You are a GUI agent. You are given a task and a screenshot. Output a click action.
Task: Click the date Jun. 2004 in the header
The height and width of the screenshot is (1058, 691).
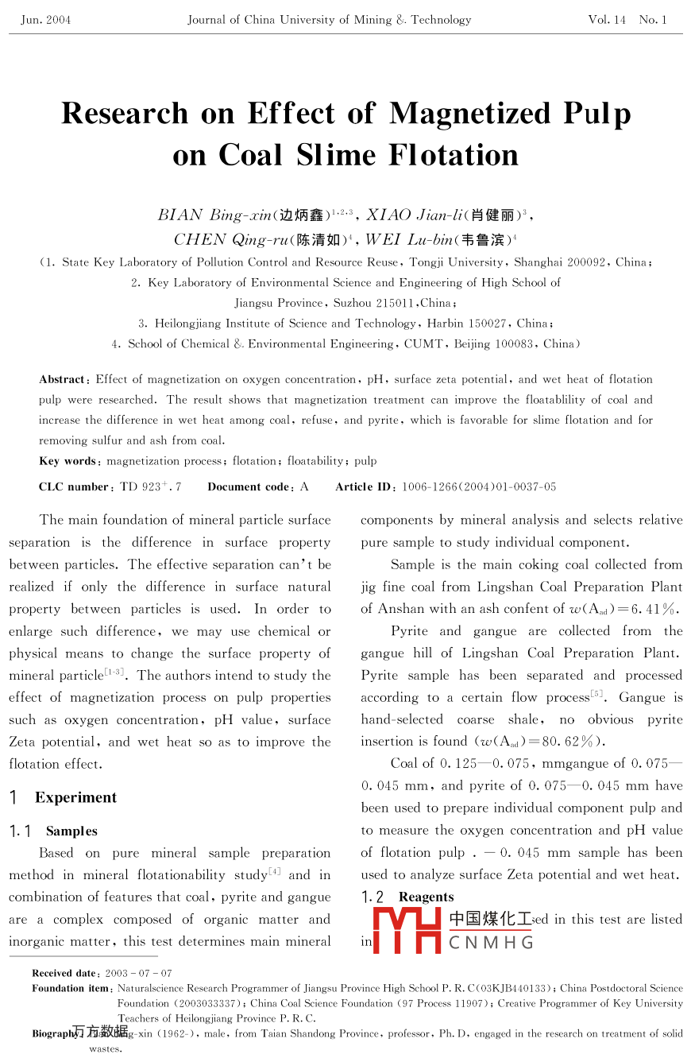(x=46, y=20)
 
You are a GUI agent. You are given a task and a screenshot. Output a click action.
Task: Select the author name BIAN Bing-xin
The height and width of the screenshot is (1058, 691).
(x=214, y=215)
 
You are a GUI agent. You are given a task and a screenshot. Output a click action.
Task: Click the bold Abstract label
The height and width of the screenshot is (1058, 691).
(x=63, y=380)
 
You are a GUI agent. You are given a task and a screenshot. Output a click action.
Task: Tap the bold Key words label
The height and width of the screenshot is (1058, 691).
(x=68, y=461)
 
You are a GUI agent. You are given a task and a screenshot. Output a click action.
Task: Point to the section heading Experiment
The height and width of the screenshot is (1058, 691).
(x=75, y=797)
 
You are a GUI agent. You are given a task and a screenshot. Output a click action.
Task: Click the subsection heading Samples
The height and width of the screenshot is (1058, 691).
(x=71, y=831)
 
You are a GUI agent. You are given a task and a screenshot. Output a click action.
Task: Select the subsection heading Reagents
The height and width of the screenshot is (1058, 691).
(x=426, y=897)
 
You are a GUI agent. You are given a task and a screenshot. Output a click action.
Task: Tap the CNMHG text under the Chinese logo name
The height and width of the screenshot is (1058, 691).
(x=489, y=944)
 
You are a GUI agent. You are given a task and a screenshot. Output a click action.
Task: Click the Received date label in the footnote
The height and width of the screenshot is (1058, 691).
(x=64, y=973)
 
